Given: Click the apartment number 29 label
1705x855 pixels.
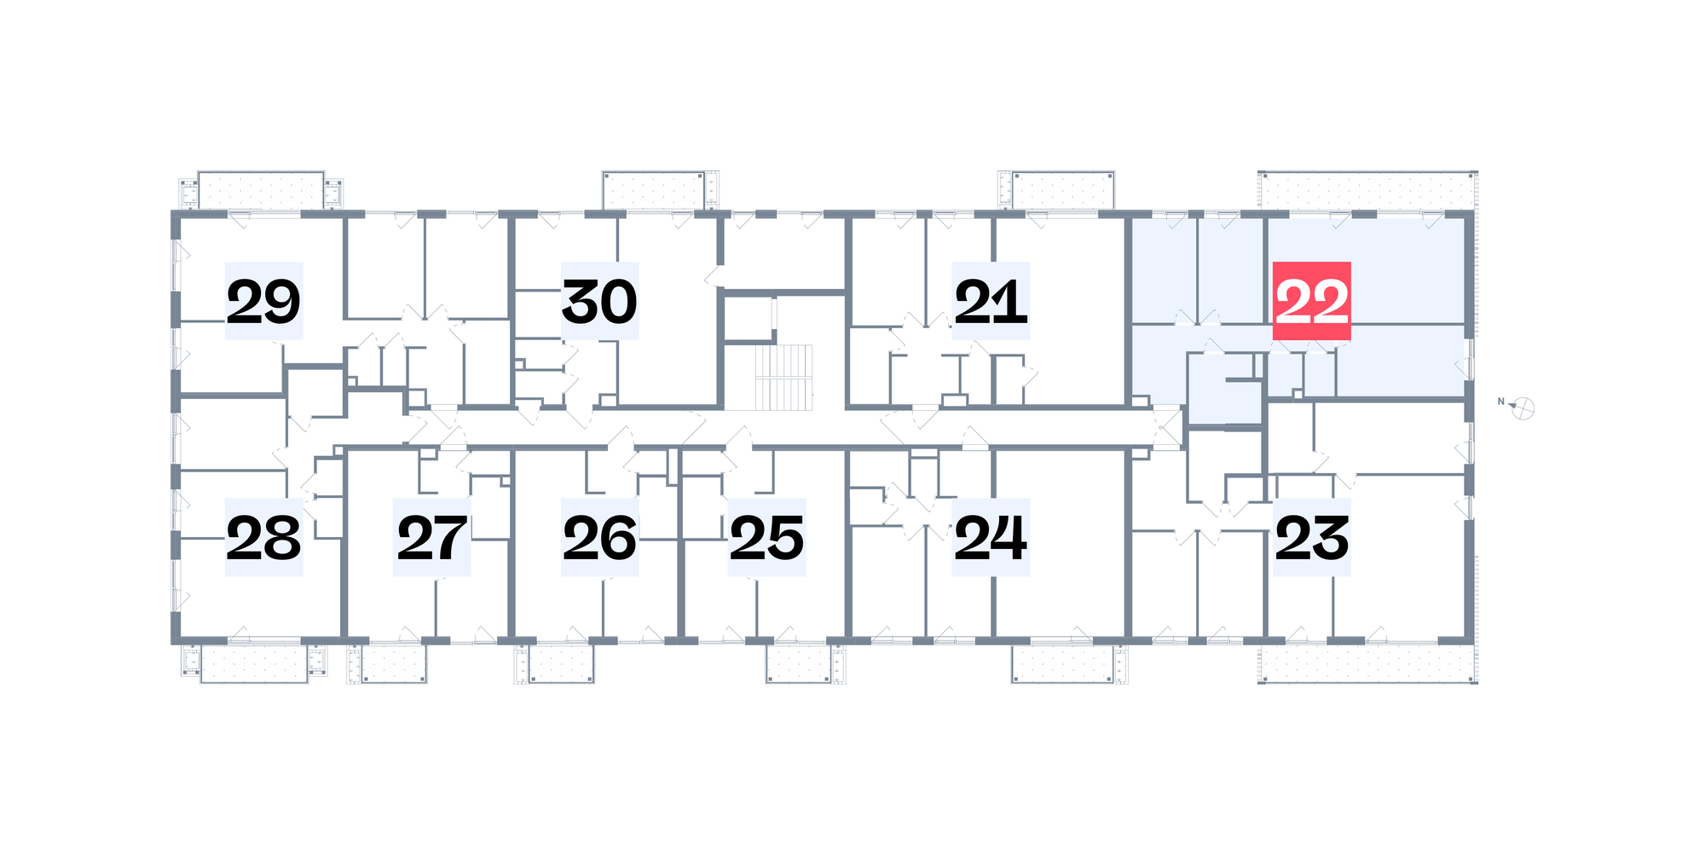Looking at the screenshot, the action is click(263, 301).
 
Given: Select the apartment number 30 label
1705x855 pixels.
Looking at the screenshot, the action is click(599, 301).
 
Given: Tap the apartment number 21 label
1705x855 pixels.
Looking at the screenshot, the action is click(991, 301).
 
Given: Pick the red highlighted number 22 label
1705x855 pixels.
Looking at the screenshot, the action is click(1312, 301).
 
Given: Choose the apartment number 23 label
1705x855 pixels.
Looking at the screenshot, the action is click(1312, 537).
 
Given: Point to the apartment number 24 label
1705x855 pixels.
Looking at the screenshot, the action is click(991, 537).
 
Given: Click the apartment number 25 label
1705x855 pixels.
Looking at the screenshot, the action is click(767, 537).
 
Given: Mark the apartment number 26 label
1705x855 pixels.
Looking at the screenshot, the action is click(599, 537).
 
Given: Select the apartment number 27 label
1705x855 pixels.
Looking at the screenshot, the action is click(431, 537).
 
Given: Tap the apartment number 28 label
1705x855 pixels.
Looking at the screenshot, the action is click(263, 537).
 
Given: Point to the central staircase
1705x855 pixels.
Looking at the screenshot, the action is click(783, 377).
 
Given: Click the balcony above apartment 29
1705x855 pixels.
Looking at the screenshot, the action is click(261, 191).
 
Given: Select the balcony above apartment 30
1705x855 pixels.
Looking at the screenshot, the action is click(655, 191).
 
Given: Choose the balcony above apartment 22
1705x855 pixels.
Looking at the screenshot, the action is click(1367, 191).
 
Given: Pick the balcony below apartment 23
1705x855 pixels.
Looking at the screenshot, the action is click(1367, 663).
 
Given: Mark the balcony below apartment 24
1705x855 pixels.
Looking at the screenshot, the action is click(1063, 664).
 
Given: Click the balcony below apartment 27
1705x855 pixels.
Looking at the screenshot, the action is click(394, 664).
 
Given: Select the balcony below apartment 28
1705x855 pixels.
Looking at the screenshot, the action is click(254, 664).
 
